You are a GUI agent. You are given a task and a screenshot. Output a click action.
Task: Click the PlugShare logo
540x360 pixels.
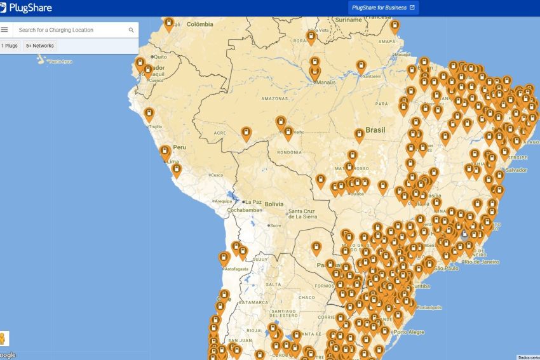[27, 8]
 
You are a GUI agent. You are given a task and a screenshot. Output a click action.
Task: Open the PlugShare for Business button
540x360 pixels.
[383, 8]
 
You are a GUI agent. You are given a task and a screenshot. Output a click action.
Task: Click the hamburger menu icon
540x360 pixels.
[5, 30]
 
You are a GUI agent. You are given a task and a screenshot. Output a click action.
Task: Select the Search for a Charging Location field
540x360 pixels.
[70, 30]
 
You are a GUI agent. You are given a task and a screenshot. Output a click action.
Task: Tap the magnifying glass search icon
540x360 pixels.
[132, 30]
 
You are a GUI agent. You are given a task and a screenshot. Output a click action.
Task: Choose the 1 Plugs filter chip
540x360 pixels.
[10, 46]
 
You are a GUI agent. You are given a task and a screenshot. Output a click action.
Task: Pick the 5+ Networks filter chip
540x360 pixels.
[40, 46]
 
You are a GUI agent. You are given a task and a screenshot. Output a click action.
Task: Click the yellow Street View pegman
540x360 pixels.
[3, 338]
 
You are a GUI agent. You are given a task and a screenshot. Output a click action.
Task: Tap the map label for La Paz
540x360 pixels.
[253, 202]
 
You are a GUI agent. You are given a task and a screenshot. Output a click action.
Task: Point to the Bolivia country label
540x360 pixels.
[274, 204]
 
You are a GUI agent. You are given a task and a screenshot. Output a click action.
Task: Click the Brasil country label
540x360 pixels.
[375, 130]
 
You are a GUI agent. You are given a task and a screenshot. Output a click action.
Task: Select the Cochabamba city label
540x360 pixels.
[245, 210]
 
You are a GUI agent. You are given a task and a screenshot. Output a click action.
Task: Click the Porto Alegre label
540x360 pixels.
[408, 331]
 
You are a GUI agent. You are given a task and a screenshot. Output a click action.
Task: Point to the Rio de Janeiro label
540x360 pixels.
[481, 262]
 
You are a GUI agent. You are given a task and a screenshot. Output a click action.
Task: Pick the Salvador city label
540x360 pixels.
[516, 170]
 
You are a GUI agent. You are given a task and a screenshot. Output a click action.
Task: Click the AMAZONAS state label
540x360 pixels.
[275, 98]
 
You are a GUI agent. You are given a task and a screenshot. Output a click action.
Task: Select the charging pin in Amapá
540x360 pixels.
[395, 26]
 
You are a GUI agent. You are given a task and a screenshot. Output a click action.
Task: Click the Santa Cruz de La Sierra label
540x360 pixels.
[302, 214]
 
